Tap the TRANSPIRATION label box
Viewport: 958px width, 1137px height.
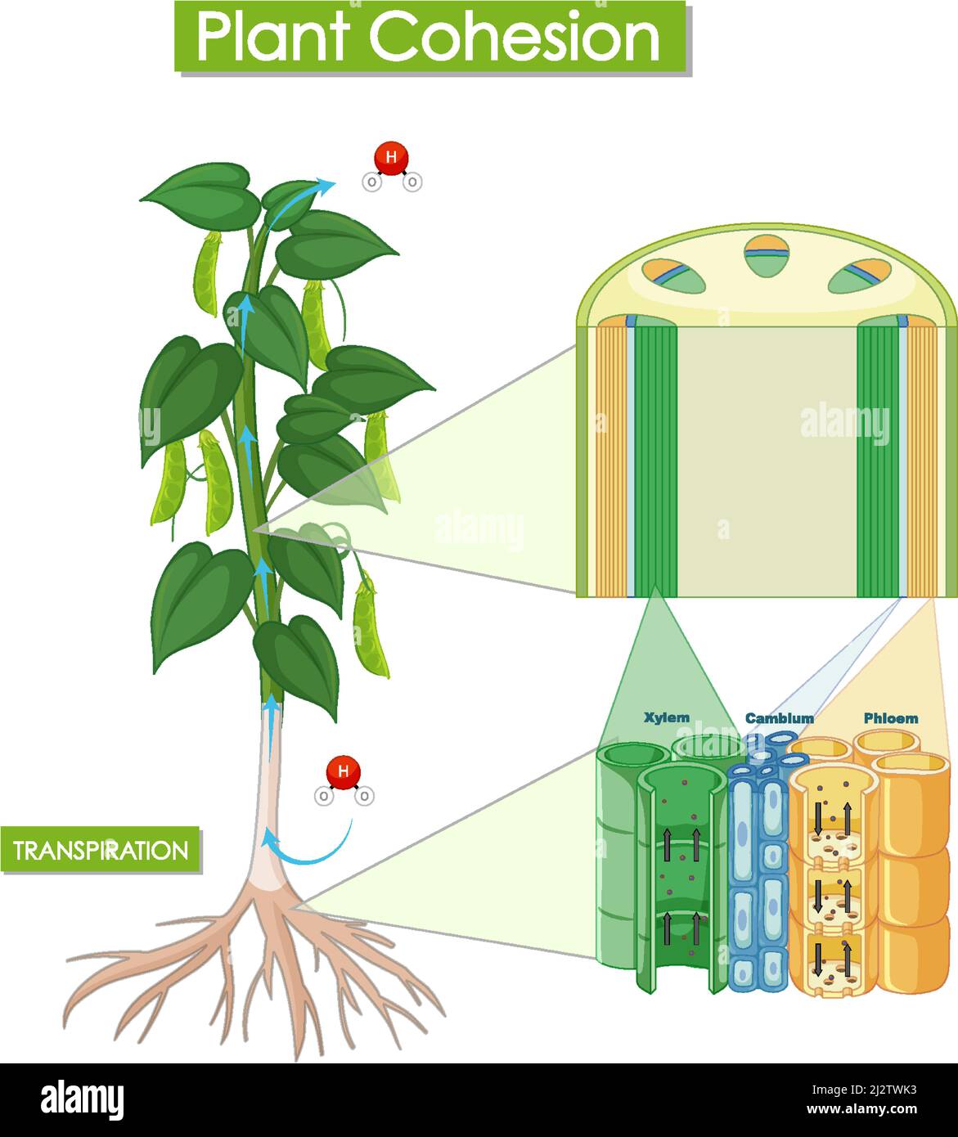tap(101, 850)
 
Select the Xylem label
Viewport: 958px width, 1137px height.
tap(666, 717)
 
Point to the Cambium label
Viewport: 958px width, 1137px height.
tap(779, 718)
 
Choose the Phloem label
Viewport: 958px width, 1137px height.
tap(891, 718)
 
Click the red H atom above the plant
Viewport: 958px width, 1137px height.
tap(391, 158)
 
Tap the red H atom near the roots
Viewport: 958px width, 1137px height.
tap(343, 771)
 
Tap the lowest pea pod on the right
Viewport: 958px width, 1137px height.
tap(370, 627)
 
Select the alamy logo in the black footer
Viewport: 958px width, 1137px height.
tap(82, 1098)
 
